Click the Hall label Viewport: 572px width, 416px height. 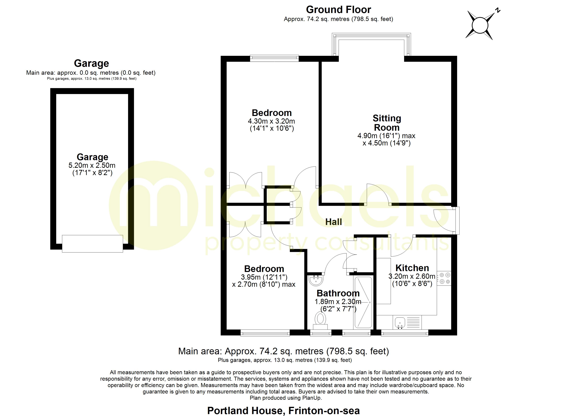coord(333,222)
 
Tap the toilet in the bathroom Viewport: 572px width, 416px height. coord(320,320)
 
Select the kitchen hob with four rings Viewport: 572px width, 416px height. coord(444,278)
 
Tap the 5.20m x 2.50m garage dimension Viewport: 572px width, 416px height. coord(92,166)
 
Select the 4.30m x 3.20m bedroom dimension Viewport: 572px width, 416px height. coord(271,121)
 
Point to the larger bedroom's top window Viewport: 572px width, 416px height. coord(274,58)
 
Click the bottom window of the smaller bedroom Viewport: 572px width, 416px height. coord(265,333)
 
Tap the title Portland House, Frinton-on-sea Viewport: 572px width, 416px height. coord(283,411)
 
